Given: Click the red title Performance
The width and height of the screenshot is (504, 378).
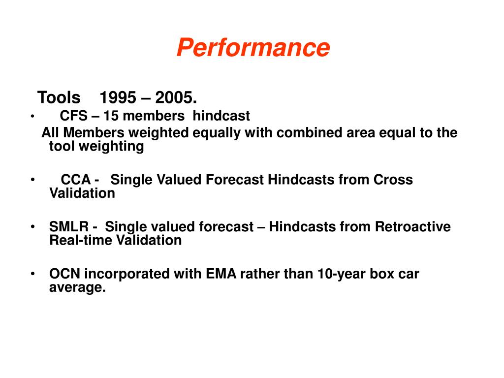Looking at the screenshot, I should click(x=253, y=48).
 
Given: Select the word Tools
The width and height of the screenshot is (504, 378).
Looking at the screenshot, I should click(x=59, y=97).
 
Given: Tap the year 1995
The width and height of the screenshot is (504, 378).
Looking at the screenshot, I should click(x=118, y=97).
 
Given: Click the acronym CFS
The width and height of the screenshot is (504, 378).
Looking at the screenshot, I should click(x=70, y=116).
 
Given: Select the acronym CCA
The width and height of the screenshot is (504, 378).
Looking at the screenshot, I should click(x=76, y=180).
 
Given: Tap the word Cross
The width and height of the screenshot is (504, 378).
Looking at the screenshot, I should click(x=393, y=180).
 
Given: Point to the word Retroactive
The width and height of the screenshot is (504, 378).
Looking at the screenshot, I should click(x=412, y=227).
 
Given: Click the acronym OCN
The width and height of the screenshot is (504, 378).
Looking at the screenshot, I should click(x=64, y=274).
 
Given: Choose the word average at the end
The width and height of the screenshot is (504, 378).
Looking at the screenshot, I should click(x=77, y=287).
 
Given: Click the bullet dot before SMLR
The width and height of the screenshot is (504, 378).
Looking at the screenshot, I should click(x=32, y=227).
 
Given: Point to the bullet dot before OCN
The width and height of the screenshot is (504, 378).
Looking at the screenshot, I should click(x=32, y=274).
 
